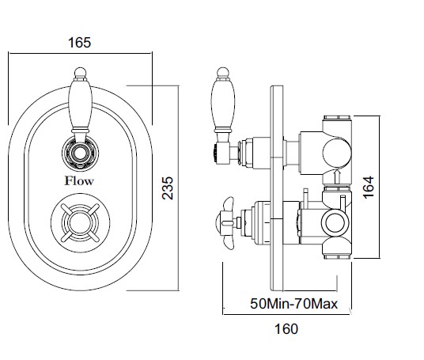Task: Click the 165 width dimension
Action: point(79,43)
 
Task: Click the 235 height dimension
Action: point(168,188)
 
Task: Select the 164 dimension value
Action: point(368,188)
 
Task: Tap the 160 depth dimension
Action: point(286,329)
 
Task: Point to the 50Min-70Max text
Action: point(294,304)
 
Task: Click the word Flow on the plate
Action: point(79,180)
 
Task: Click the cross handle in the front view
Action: point(81,222)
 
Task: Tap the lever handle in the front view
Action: point(81,105)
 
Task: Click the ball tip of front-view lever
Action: point(81,72)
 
